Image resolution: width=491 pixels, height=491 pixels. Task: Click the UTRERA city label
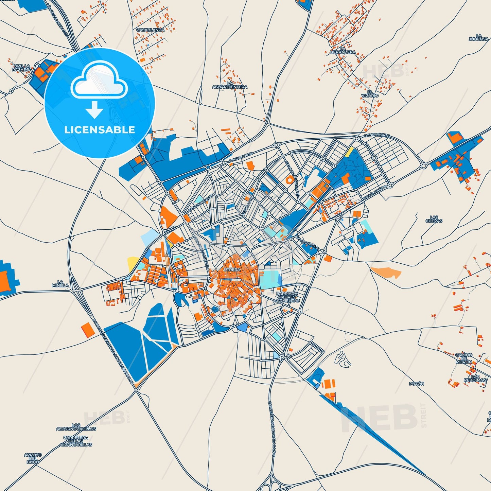click(x=232, y=269)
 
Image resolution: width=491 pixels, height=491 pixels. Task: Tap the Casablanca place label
click(x=150, y=30)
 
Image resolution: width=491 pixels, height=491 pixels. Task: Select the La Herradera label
click(x=343, y=51)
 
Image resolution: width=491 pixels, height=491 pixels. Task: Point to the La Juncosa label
click(x=478, y=37)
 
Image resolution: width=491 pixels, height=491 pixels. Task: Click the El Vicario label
click(x=370, y=94)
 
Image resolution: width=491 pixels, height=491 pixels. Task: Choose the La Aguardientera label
click(x=230, y=85)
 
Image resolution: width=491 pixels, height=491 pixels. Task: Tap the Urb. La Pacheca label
click(x=22, y=68)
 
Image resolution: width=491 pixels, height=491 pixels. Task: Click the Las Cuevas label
click(x=434, y=219)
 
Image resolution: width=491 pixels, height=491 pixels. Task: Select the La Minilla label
click(x=60, y=284)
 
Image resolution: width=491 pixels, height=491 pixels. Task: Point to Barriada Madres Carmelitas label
click(x=287, y=297)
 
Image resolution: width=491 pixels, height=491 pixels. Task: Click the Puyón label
click(x=417, y=384)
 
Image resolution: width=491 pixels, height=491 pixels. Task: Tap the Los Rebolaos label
click(x=475, y=378)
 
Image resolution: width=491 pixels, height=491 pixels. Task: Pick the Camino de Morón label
click(x=464, y=358)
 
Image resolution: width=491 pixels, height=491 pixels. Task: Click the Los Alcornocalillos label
click(x=76, y=427)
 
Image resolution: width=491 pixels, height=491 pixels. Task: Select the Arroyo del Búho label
click(x=33, y=458)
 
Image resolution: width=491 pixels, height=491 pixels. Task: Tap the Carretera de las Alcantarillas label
click(x=76, y=441)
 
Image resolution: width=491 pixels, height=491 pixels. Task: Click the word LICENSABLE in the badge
click(x=100, y=130)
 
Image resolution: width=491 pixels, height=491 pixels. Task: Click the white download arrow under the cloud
click(x=94, y=110)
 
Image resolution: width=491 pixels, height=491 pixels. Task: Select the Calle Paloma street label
click(x=307, y=243)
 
